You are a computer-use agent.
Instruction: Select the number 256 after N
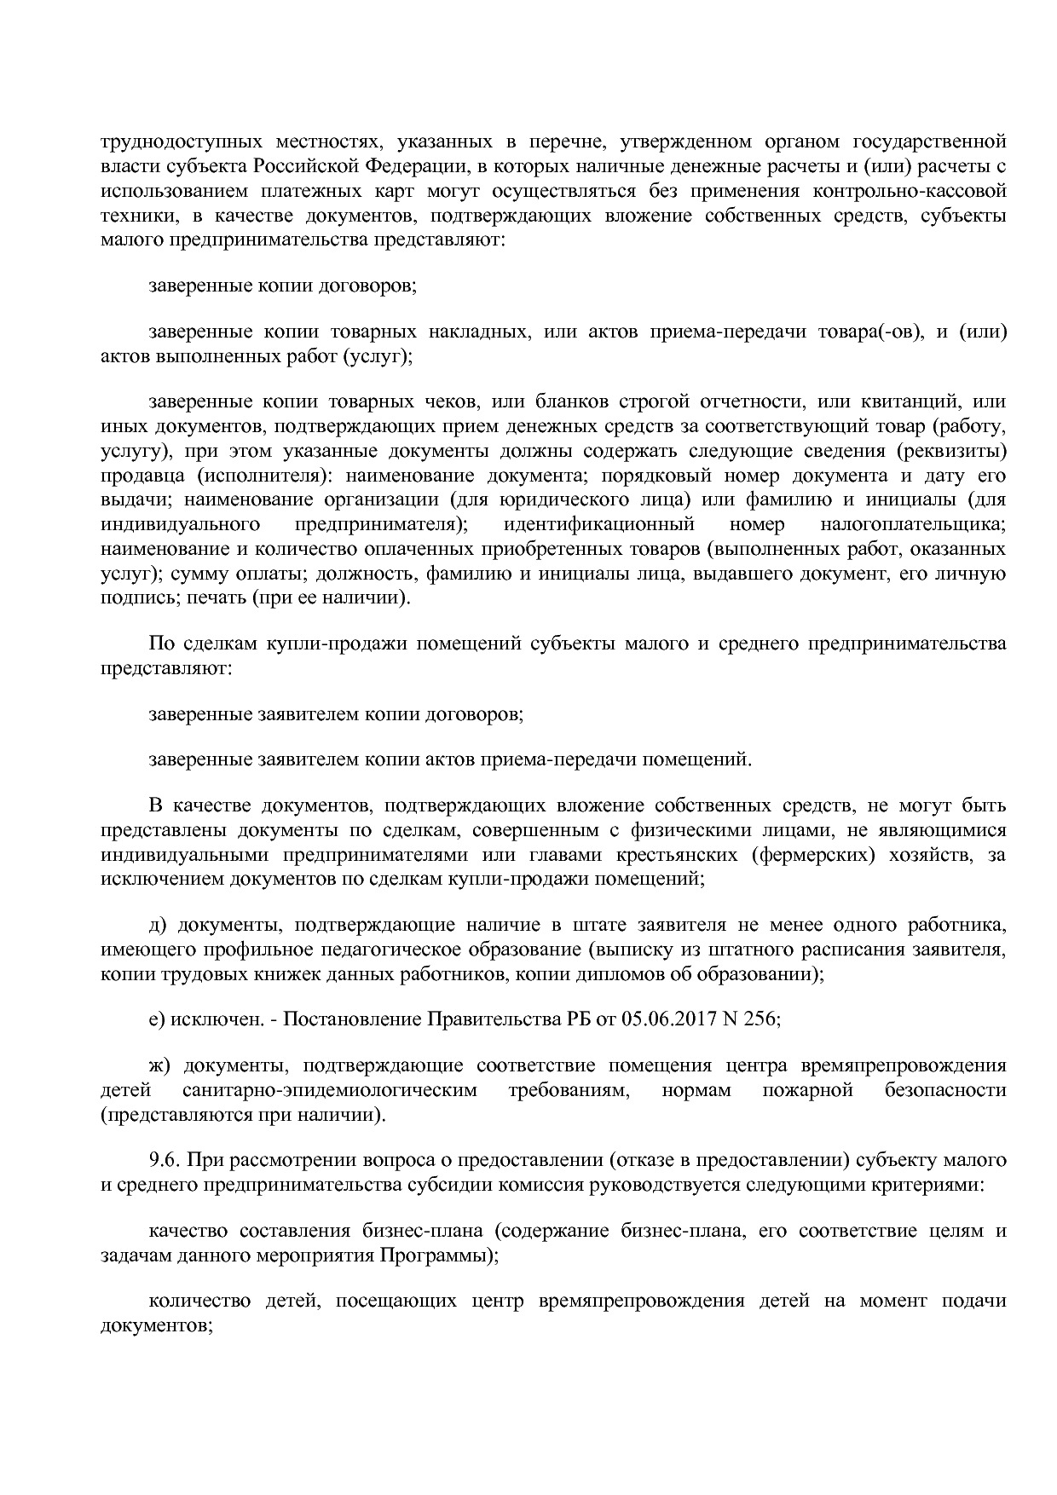click(761, 1019)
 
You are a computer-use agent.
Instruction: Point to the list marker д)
click(157, 924)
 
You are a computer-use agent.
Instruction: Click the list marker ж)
click(159, 1065)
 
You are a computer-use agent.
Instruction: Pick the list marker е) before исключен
click(156, 1019)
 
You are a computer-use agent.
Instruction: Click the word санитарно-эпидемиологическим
click(330, 1090)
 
